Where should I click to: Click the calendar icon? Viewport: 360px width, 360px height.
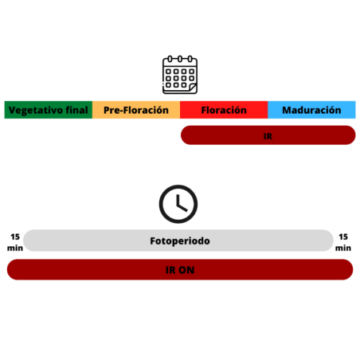[x=180, y=75]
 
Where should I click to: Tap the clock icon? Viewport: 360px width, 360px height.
[x=178, y=204]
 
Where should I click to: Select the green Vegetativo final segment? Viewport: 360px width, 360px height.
[x=49, y=110]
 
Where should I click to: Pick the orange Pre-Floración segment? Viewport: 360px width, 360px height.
[x=136, y=110]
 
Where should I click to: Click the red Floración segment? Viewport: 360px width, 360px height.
[x=224, y=110]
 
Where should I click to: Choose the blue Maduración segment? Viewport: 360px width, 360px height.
[x=311, y=110]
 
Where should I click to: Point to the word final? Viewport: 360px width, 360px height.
[x=76, y=110]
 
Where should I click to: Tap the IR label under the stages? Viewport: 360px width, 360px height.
[x=268, y=136]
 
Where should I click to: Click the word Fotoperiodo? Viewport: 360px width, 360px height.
[x=180, y=241]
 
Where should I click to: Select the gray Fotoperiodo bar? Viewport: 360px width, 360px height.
[x=178, y=241]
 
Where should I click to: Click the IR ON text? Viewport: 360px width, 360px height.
[x=180, y=270]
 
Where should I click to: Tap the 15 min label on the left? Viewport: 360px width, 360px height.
[x=15, y=242]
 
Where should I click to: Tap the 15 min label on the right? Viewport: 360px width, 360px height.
[x=343, y=242]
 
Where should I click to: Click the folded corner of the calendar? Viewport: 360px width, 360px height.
[x=193, y=87]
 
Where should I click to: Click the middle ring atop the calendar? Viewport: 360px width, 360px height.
[x=180, y=59]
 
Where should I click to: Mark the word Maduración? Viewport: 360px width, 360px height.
[x=311, y=110]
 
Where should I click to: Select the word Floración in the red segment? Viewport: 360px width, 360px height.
[x=224, y=110]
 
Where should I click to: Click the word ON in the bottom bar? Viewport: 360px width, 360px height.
[x=187, y=270]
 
